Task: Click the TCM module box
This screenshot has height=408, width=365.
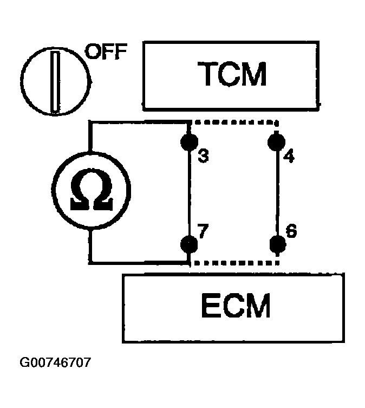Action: tap(232, 73)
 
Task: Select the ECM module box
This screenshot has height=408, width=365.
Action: tap(233, 308)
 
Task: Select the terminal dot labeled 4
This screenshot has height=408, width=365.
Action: tap(277, 142)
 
